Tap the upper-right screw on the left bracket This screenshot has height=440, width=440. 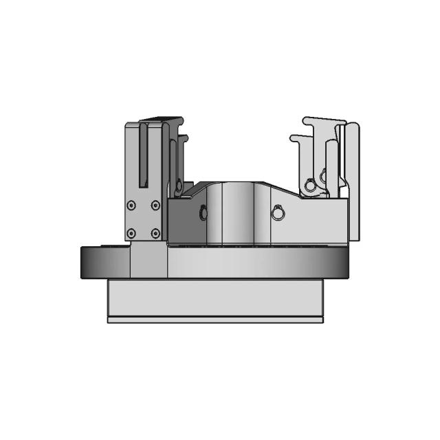click(x=155, y=204)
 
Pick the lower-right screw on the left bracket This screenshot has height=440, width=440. click(x=155, y=233)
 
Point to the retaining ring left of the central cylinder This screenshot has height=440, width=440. click(x=203, y=213)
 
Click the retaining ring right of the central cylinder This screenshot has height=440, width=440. click(x=277, y=213)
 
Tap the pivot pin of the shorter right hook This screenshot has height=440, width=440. click(x=310, y=184)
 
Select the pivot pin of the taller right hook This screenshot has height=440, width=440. click(x=324, y=172)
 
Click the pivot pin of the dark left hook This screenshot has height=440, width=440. click(x=179, y=184)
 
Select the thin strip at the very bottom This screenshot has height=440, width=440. click(x=214, y=320)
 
